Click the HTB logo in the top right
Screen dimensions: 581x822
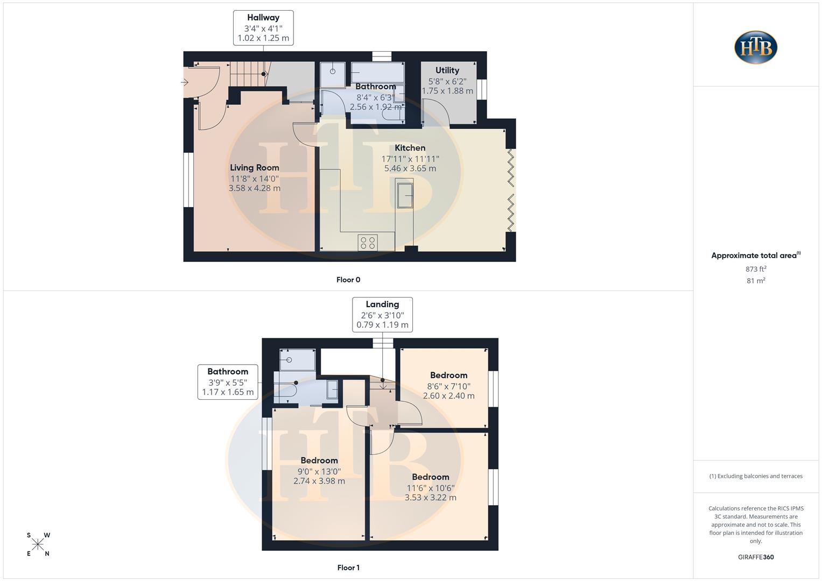(x=756, y=47)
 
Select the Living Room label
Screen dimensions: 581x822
(x=254, y=167)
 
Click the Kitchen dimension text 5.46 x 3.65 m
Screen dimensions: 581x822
(x=410, y=168)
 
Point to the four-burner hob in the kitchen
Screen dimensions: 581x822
(x=368, y=243)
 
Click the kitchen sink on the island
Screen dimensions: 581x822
(x=405, y=195)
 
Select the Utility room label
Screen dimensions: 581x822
(x=447, y=70)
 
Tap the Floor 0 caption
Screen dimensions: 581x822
(x=348, y=280)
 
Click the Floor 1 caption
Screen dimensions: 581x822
(x=348, y=568)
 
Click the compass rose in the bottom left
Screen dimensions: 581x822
(x=38, y=544)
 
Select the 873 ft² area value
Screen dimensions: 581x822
(x=756, y=269)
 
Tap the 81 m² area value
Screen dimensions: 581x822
(x=756, y=281)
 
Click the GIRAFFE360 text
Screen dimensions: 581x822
(x=756, y=557)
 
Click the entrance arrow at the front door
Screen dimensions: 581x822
(x=185, y=82)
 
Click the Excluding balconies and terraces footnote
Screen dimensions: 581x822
(x=756, y=476)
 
